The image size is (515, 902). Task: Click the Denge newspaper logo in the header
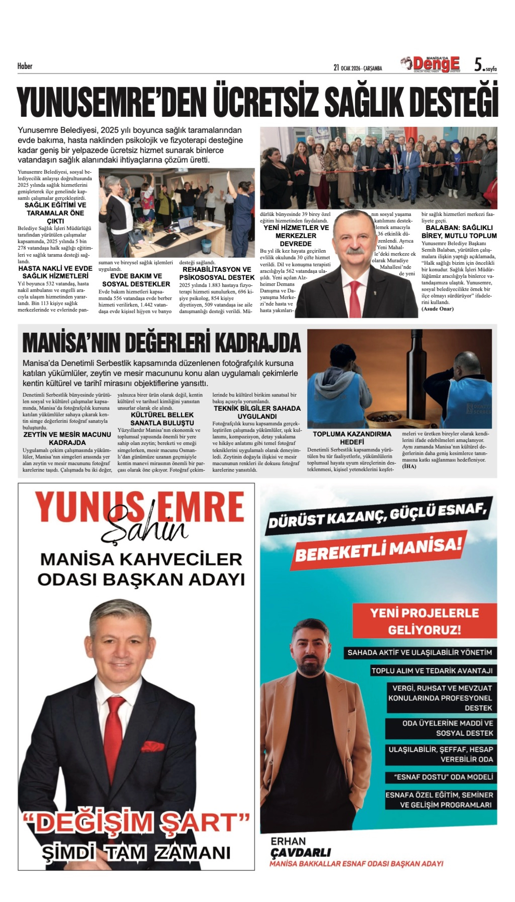(x=436, y=65)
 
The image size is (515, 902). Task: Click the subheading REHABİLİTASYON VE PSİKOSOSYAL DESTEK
(x=217, y=273)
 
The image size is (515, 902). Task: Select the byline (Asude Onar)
(x=437, y=309)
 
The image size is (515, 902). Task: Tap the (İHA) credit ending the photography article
(x=409, y=466)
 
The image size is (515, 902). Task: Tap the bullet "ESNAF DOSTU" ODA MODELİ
(x=443, y=777)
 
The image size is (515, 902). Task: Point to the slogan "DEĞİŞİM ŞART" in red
(x=136, y=822)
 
